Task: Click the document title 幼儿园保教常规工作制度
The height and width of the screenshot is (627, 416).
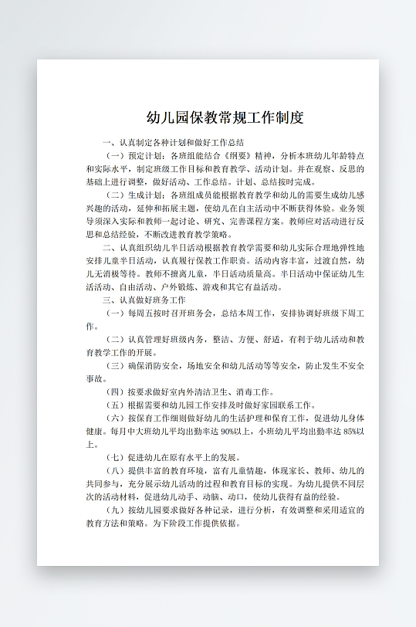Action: [225, 118]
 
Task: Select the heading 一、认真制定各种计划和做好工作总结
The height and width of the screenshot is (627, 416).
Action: [173, 143]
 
